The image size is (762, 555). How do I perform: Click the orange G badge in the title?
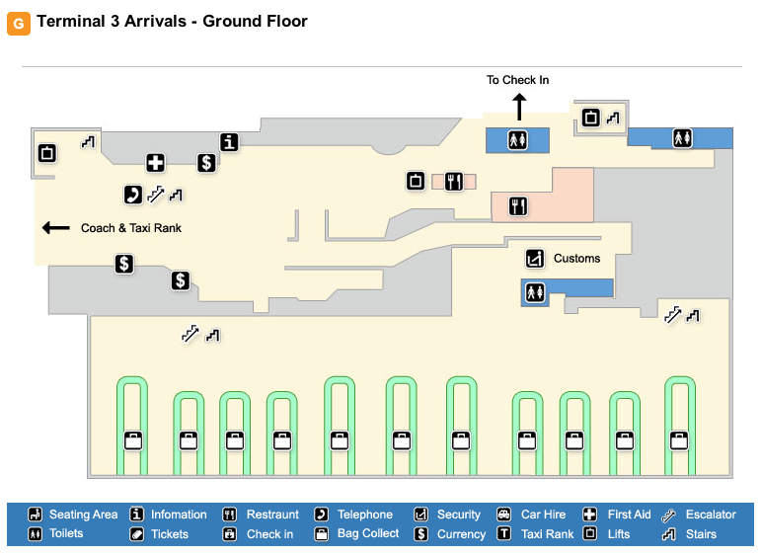point(19,23)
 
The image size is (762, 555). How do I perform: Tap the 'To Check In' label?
point(517,80)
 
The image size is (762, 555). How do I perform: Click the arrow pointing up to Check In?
point(519,106)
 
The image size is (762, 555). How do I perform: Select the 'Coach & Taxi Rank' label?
point(131,228)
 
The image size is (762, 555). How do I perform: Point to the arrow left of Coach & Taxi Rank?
point(55,228)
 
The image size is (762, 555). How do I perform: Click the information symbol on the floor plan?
point(230,142)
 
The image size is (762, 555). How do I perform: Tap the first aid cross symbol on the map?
point(155,163)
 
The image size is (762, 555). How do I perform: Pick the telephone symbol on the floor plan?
point(131,195)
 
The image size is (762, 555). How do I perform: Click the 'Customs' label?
point(576,259)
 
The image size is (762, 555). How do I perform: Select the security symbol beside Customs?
point(534,259)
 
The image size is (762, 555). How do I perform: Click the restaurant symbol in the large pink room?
point(518,206)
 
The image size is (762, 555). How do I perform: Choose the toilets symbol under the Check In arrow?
point(519,141)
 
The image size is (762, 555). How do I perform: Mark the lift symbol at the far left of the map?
point(46,153)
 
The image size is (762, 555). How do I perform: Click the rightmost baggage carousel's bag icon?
point(679,439)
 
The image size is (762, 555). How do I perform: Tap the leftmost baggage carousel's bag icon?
point(132,439)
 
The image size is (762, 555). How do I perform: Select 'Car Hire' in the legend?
point(543,515)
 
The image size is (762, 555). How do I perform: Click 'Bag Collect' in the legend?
point(368,534)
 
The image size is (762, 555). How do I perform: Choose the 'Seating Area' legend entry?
point(83,515)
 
